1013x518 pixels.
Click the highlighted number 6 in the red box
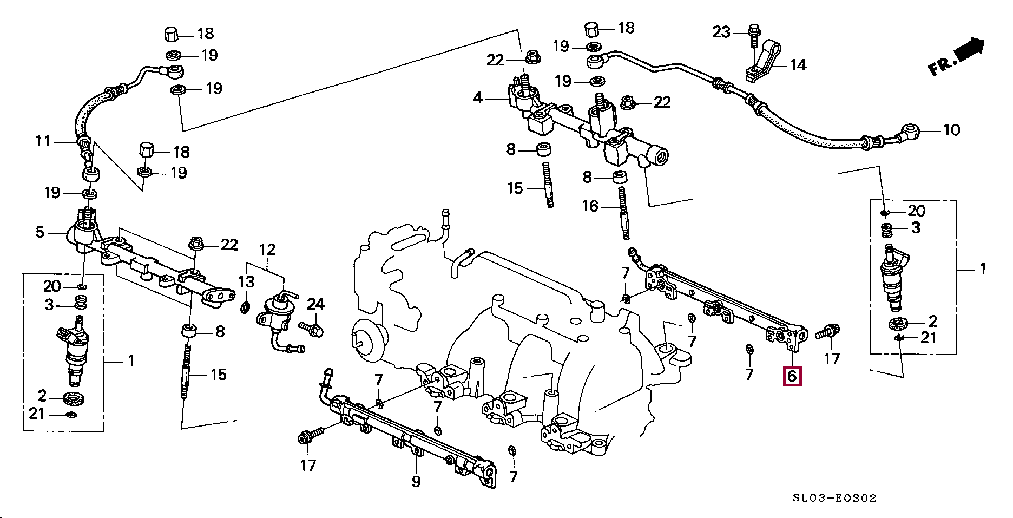click(x=792, y=375)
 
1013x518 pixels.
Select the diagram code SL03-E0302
click(x=835, y=498)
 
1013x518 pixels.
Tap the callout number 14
click(x=798, y=65)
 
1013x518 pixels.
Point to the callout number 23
click(x=721, y=32)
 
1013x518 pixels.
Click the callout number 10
click(x=951, y=130)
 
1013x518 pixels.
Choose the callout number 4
click(x=477, y=99)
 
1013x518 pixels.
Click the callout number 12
click(x=267, y=250)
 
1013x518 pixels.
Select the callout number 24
click(x=316, y=304)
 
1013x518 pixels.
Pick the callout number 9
click(x=416, y=481)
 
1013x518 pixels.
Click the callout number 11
click(x=43, y=141)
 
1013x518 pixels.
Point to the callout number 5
click(x=40, y=232)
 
